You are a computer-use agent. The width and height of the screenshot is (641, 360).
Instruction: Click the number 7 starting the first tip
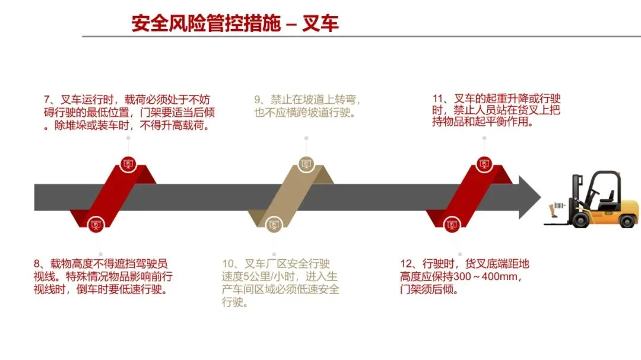coord(48,100)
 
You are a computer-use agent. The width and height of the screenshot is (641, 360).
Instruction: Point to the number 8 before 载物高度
coord(37,265)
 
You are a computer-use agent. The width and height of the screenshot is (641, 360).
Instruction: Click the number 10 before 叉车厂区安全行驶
coord(229,265)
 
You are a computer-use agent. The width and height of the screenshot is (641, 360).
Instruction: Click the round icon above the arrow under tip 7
coord(128,164)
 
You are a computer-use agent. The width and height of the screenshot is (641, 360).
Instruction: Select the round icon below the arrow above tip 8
coord(95,225)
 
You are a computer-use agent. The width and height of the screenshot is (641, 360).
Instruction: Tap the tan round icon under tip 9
coord(306,164)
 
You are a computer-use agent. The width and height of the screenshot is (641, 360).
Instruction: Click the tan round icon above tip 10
coord(273,225)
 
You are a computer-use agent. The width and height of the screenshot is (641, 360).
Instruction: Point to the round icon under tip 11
coord(484,164)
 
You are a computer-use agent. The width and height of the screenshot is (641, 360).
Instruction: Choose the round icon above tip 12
coord(452,225)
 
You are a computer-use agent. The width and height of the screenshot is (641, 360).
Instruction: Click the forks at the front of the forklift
coord(555,224)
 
